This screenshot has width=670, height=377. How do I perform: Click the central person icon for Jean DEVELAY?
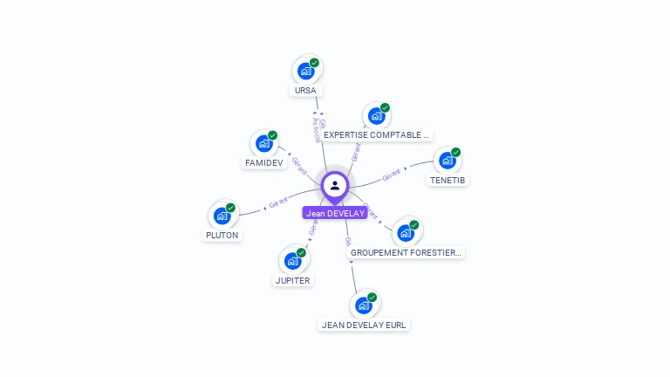click(x=335, y=185)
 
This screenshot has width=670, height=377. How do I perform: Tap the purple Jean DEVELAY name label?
click(x=335, y=213)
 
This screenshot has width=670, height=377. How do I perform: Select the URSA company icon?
click(x=305, y=71)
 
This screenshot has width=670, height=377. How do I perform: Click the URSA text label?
click(x=305, y=90)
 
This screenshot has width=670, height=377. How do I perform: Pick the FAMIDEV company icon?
click(x=263, y=144)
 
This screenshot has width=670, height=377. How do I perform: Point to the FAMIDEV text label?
click(x=263, y=163)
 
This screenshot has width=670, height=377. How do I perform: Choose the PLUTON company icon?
click(x=222, y=216)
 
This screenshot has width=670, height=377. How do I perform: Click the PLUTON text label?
click(x=222, y=235)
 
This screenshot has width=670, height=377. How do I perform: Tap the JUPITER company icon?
click(x=293, y=261)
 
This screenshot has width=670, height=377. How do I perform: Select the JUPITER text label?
click(x=293, y=280)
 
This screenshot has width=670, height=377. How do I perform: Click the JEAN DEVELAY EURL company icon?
click(x=364, y=305)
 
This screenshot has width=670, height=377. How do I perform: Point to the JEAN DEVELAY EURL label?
click(x=364, y=325)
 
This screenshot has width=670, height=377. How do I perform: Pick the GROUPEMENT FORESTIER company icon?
click(x=406, y=233)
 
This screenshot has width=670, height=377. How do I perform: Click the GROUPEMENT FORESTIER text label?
click(x=406, y=252)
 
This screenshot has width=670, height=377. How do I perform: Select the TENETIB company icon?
click(x=448, y=161)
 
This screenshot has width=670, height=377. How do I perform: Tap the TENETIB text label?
click(x=448, y=180)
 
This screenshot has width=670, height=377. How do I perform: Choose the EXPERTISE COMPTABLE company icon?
click(x=376, y=116)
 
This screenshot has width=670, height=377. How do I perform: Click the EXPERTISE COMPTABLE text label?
click(x=376, y=135)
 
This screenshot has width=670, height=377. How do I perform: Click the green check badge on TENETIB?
click(x=455, y=153)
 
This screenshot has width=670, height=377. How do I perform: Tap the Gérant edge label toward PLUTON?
click(x=278, y=203)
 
